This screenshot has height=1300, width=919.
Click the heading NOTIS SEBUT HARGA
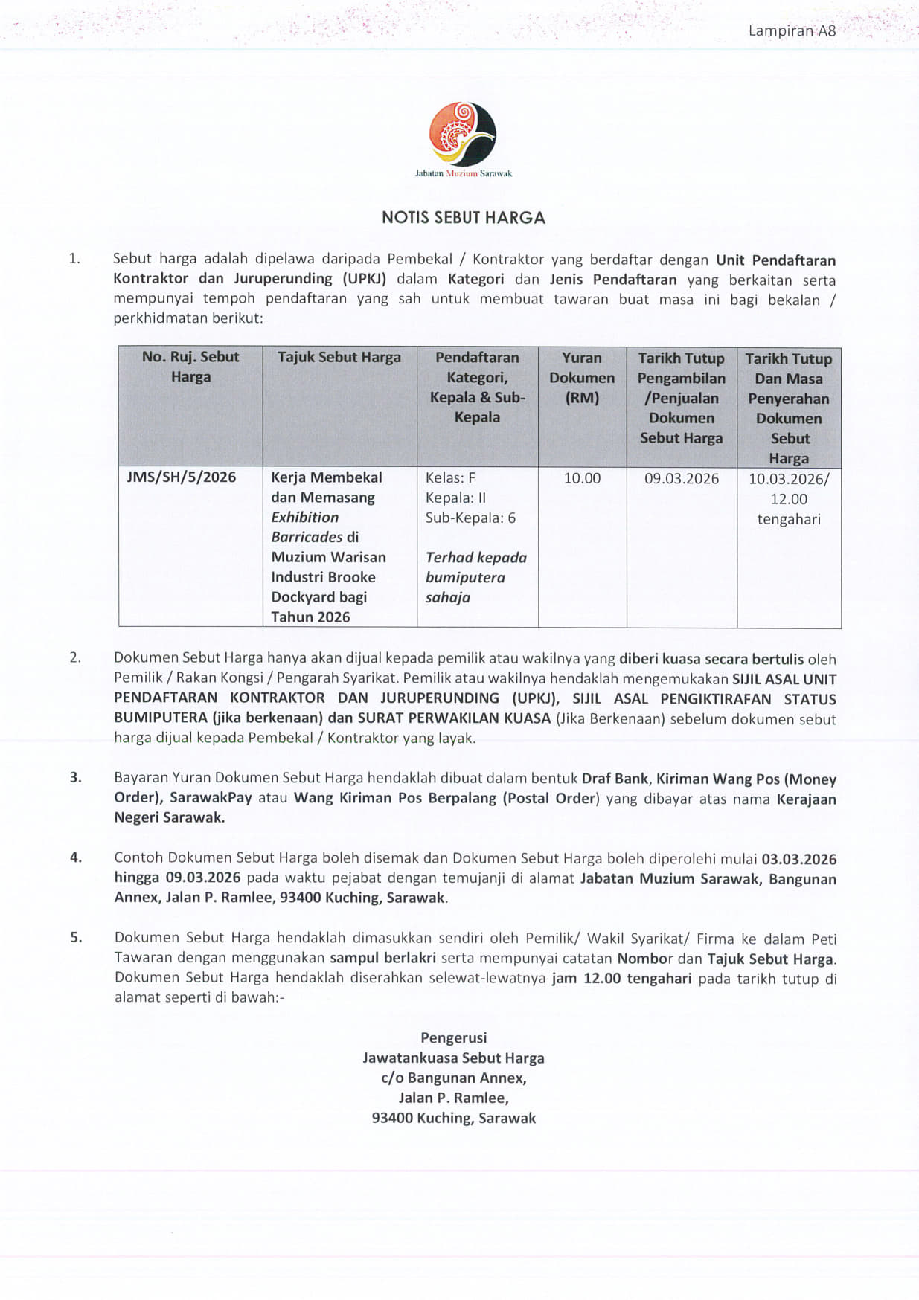[464, 218]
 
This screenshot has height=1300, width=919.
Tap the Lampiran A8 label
[792, 30]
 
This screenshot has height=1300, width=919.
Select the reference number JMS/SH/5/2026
[182, 477]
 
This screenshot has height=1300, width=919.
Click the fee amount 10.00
[582, 478]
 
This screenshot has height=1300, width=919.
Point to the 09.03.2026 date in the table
[682, 478]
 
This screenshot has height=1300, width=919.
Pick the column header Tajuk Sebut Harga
[339, 358]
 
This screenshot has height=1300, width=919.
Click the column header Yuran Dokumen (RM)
[582, 378]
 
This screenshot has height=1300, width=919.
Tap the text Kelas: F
[450, 478]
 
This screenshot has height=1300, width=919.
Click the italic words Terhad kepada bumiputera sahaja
[475, 577]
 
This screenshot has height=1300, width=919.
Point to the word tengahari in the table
[789, 519]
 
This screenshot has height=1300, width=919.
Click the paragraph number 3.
[76, 778]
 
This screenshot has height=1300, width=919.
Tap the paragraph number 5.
[76, 938]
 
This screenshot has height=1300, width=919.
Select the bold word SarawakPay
[211, 798]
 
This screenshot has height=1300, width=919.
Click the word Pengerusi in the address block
[454, 1038]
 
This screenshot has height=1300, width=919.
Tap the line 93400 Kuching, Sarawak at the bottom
[454, 1118]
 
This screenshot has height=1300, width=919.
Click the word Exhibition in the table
[304, 518]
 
